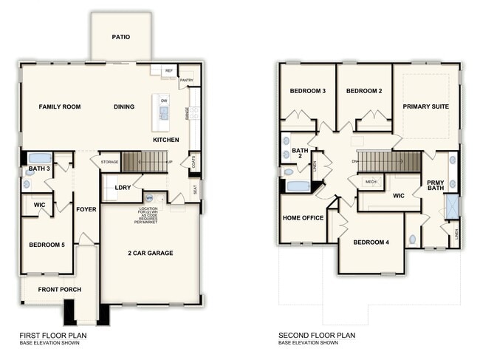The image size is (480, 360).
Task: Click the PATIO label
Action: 122,36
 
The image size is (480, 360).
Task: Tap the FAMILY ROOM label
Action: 60,106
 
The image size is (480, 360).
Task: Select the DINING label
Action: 124,106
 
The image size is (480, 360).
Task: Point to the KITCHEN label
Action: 166,140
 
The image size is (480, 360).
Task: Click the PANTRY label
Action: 187,80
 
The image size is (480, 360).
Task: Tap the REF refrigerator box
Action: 168,71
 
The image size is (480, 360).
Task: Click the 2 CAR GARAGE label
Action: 149,254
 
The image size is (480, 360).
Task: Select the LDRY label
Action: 123,188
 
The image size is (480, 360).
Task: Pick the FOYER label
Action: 86,209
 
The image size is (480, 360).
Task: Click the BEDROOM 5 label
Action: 47,245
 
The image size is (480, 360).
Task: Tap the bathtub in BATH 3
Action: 39,157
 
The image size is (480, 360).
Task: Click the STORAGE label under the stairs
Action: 109,161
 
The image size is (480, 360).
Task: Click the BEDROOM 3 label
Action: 307,91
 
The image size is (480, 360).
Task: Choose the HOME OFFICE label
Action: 304,218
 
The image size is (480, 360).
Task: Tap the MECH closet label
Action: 371,181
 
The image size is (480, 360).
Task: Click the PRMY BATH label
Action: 436,186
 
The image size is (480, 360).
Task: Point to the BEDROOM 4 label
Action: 371,242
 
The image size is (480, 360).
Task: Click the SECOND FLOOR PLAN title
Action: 317,336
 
